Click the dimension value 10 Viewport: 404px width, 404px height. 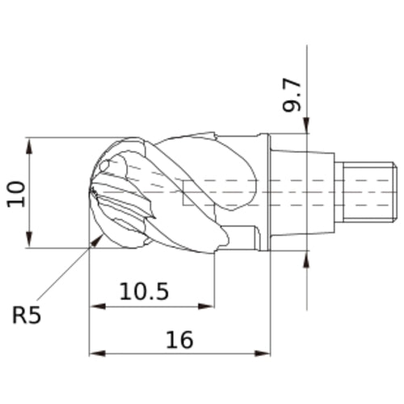click(17, 193)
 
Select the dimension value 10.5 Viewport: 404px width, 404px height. click(145, 292)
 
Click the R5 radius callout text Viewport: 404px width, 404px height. click(27, 313)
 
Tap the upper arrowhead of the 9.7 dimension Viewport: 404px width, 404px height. click(307, 126)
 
